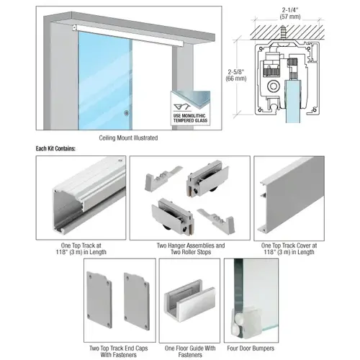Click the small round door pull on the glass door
click(x=127, y=112)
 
